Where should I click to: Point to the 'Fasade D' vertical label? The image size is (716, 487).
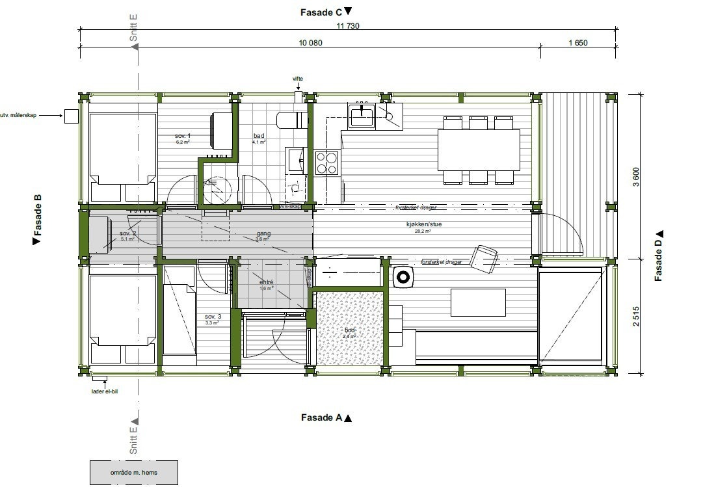pyautogui.click(x=659, y=256)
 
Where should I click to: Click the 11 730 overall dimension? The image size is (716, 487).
pyautogui.click(x=348, y=26)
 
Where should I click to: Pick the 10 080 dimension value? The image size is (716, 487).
pyautogui.click(x=310, y=43)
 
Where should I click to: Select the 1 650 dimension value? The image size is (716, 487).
pyautogui.click(x=577, y=43)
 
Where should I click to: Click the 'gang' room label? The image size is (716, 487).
pyautogui.click(x=263, y=233)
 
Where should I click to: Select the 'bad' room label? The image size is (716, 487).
pyautogui.click(x=259, y=136)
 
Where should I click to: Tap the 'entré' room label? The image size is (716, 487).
pyautogui.click(x=266, y=282)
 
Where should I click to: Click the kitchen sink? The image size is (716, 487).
pyautogui.click(x=361, y=117)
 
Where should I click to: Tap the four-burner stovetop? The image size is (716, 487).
pyautogui.click(x=326, y=162)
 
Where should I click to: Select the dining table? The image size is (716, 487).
pyautogui.click(x=479, y=149)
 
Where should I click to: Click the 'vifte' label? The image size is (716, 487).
pyautogui.click(x=298, y=79)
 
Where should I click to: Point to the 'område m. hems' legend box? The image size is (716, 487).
pyautogui.click(x=133, y=472)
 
